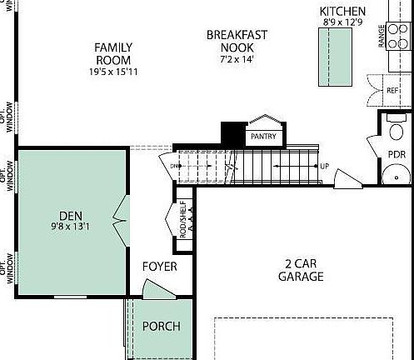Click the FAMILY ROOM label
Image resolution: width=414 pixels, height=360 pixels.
pos(113,53)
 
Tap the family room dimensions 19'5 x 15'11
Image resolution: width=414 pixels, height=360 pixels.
pos(113,72)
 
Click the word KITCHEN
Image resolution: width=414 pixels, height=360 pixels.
pos(342,11)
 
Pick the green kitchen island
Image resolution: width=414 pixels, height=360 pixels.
pos(331,57)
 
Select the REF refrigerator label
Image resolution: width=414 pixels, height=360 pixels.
pos(392,90)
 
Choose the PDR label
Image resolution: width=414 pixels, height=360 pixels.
pos(397,155)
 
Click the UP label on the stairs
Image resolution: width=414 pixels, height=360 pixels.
pos(323,167)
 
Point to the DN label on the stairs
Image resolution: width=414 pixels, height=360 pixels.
pos(175,167)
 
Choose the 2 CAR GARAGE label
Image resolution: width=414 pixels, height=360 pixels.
pos(300,269)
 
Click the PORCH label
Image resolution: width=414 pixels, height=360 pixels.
pos(160,326)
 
